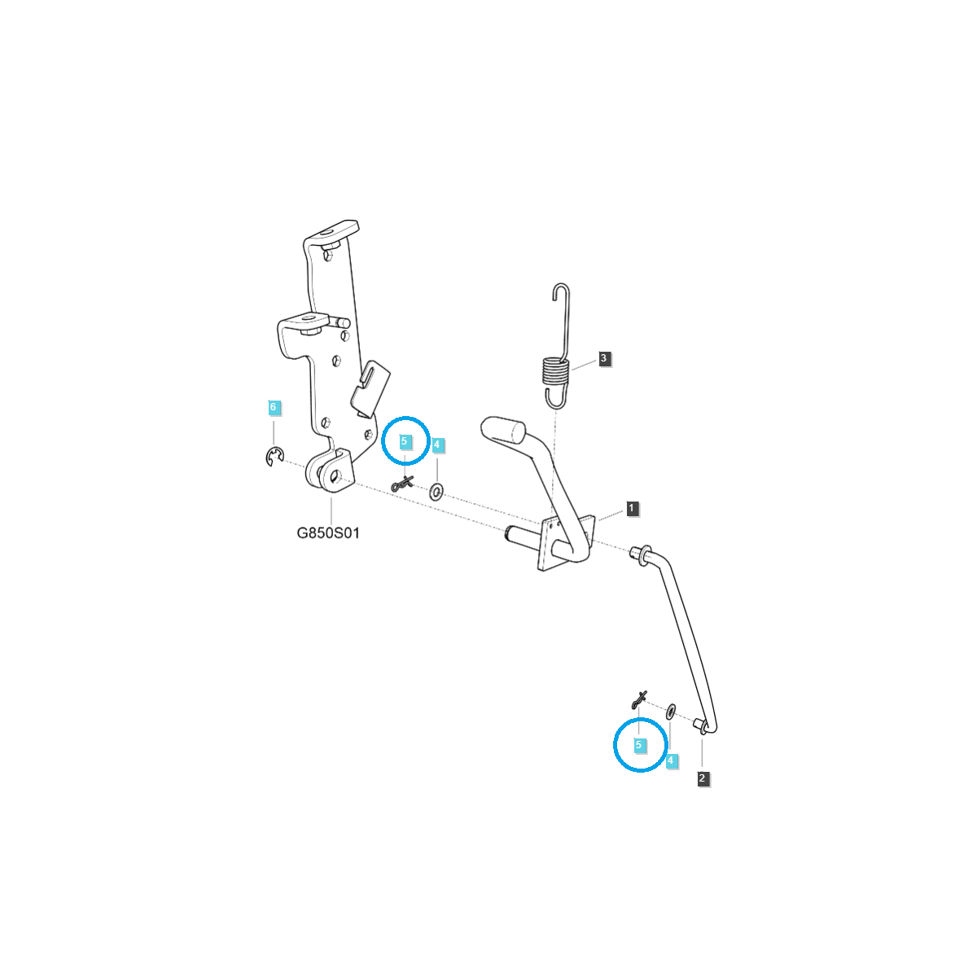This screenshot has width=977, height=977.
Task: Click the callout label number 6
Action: pos(274,406)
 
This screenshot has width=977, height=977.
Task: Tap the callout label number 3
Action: pos(603,358)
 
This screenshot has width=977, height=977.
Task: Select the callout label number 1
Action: pos(633,509)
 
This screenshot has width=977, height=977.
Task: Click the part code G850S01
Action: pos(327,534)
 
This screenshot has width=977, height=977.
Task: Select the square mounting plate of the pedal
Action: pos(549,547)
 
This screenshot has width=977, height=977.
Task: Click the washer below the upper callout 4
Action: pos(436,491)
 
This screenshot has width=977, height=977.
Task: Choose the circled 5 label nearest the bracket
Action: pos(405,440)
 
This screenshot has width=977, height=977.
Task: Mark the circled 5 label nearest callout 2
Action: pos(639,744)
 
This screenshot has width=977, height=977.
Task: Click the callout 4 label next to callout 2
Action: pos(671,761)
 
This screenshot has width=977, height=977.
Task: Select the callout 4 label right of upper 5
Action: pos(437,445)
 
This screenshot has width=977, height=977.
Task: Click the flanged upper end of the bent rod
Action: pos(640,554)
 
